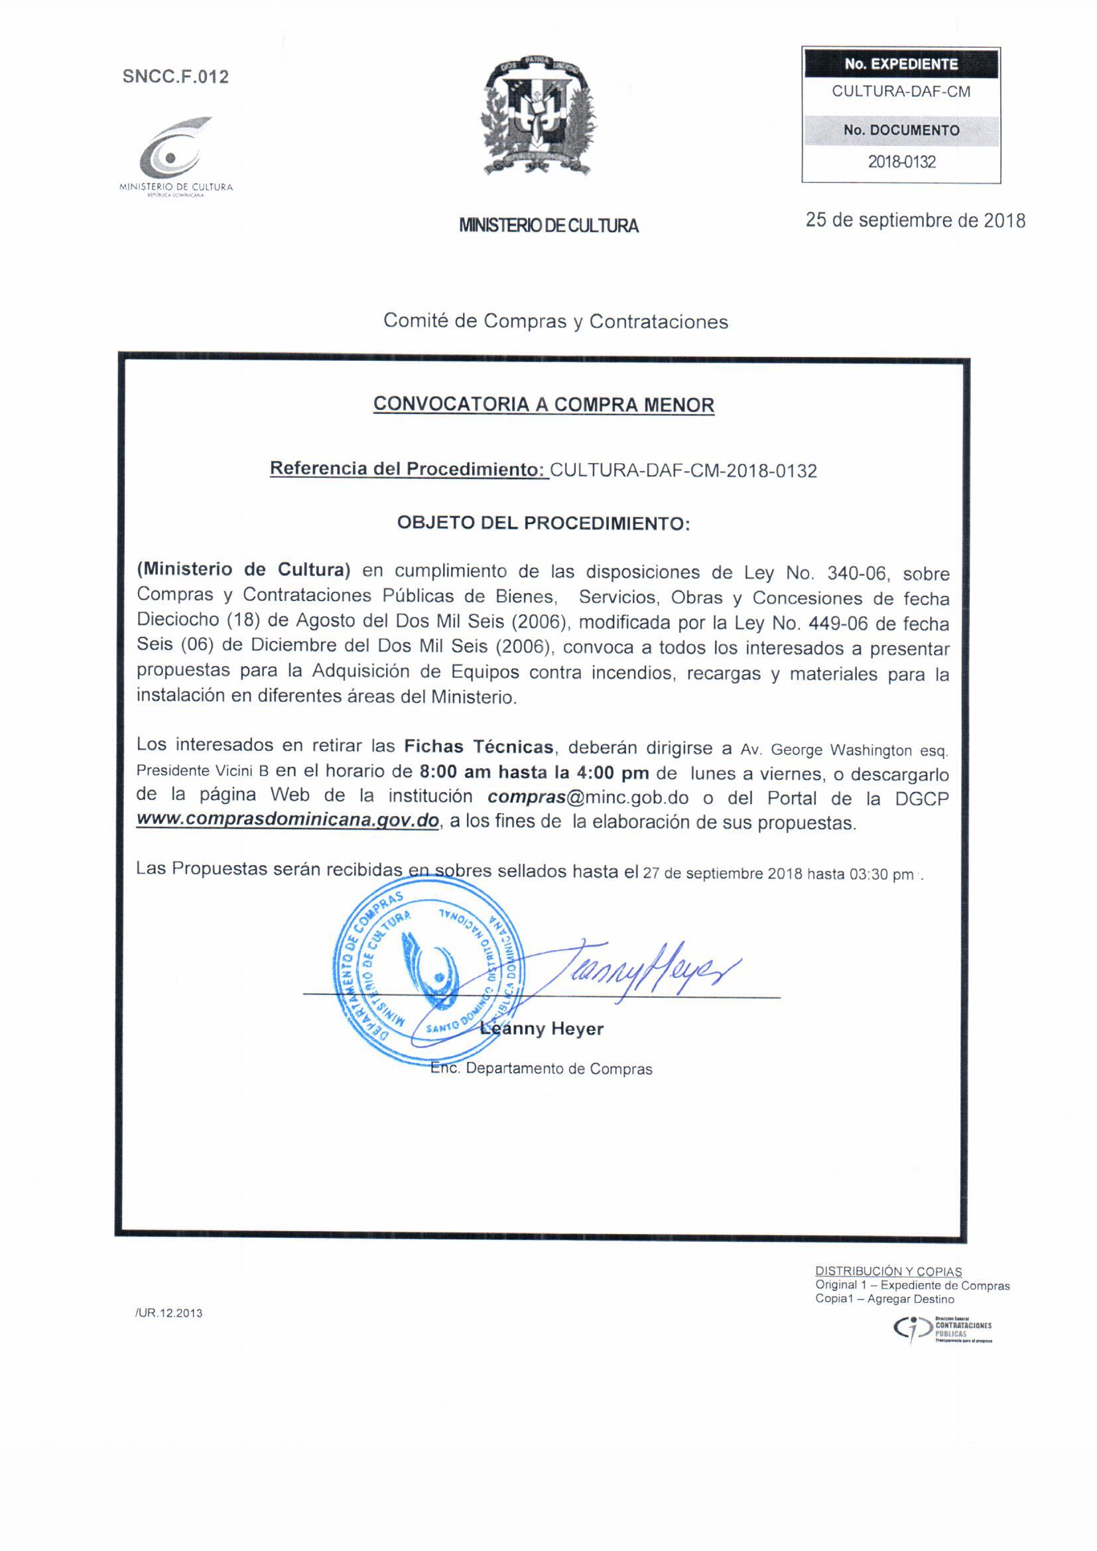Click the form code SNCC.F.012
176,77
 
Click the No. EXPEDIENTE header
901,64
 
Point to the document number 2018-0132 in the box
901,162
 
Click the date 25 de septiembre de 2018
915,221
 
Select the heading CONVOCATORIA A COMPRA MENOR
544,405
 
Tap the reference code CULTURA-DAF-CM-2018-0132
684,471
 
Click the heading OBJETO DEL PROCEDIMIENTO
544,523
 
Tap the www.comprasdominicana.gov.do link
288,821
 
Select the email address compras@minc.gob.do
588,798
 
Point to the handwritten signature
649,973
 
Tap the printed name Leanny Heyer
542,1029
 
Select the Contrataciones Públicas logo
942,1329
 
